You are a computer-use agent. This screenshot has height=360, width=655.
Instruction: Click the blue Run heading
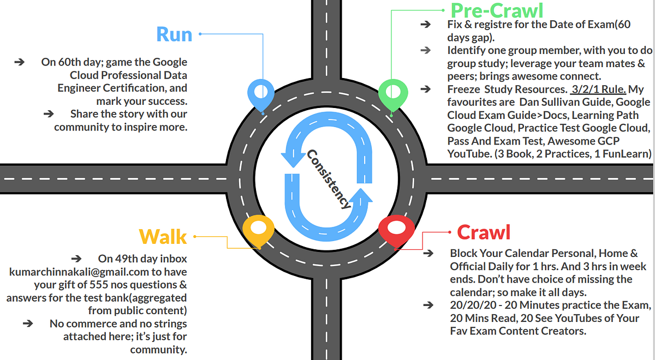(174, 34)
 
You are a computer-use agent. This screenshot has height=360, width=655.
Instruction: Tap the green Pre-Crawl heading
(497, 10)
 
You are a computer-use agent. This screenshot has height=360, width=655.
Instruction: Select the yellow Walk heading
(163, 237)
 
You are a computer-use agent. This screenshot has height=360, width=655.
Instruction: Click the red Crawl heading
(484, 232)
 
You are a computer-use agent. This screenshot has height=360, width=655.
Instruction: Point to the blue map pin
(261, 94)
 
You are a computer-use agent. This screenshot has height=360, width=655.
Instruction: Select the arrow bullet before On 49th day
(76, 258)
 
